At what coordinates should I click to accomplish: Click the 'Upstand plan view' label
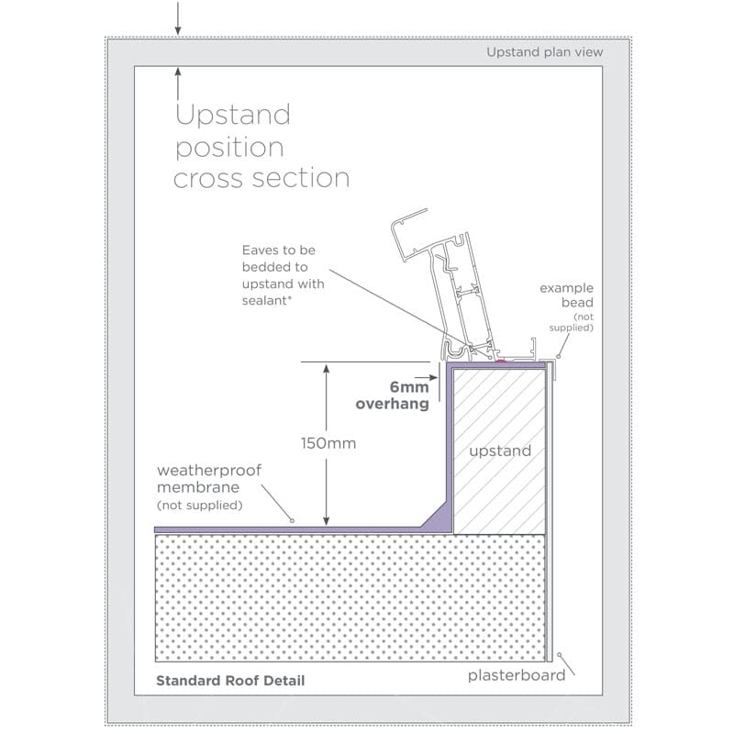pos(544,52)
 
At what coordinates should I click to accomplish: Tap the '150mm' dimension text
pos(328,443)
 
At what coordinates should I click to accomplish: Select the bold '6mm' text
pos(409,387)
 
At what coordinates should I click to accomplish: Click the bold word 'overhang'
pos(393,404)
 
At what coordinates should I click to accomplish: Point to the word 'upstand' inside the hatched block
pos(500,450)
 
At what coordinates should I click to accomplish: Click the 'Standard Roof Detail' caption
pos(230,680)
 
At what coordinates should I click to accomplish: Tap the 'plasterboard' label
pos(517,675)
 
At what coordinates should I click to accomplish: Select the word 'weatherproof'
pos(209,470)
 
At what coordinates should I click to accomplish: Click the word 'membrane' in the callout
pos(198,487)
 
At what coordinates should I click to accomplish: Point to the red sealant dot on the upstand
pos(501,361)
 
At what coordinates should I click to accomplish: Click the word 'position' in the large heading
pos(229,148)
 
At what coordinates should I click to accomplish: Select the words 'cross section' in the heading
pos(261,178)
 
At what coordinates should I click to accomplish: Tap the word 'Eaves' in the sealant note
pos(261,250)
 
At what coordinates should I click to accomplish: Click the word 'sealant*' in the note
pos(267,301)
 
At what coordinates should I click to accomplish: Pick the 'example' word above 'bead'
pos(566,288)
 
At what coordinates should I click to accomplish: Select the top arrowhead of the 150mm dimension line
pos(327,368)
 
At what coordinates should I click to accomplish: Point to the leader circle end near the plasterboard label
pos(559,655)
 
